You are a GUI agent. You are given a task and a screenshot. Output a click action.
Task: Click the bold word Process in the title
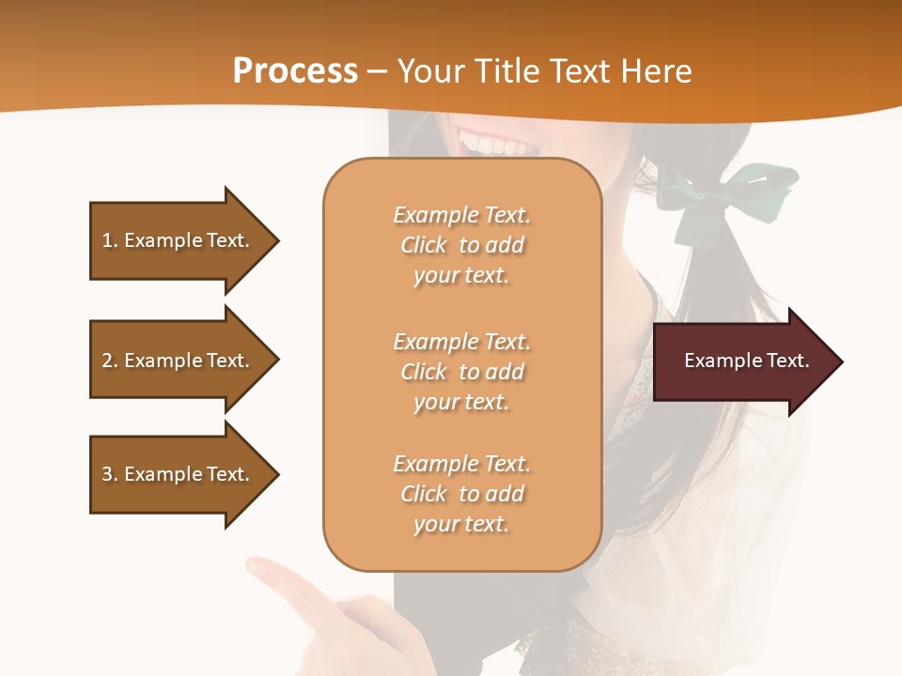pos(295,71)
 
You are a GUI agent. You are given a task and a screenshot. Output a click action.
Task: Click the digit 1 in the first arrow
pos(106,240)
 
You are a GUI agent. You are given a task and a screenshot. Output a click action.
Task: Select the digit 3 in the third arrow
pos(106,474)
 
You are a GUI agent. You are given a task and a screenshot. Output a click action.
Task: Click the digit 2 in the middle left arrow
pos(106,361)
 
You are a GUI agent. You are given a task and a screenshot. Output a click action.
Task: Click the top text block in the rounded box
pos(461,245)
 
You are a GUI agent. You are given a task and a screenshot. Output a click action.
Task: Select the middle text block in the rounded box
pos(461,372)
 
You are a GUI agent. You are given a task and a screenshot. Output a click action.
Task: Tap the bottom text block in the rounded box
pos(461,494)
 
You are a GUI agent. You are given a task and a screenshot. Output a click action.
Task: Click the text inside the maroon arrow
pos(746,361)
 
